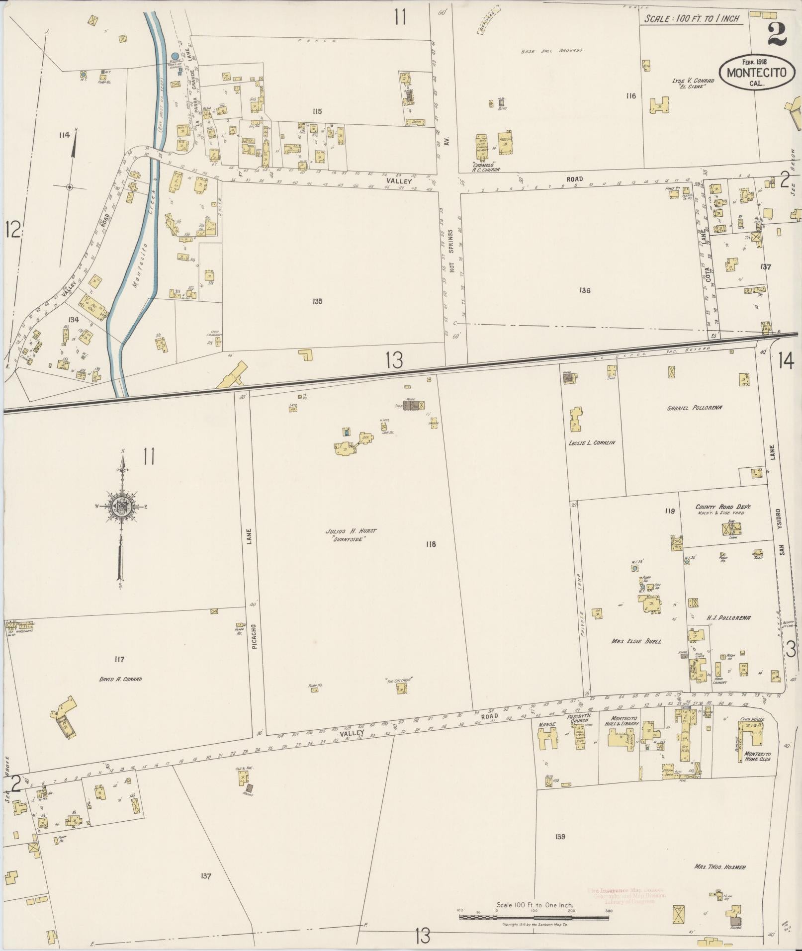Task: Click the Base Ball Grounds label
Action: pyautogui.click(x=551, y=51)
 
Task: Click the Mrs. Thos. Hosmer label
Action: pyautogui.click(x=720, y=867)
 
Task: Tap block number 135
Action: pyautogui.click(x=318, y=301)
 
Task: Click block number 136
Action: pyautogui.click(x=585, y=290)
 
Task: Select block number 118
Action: pyautogui.click(x=431, y=544)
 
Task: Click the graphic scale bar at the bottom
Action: pyautogui.click(x=534, y=916)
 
